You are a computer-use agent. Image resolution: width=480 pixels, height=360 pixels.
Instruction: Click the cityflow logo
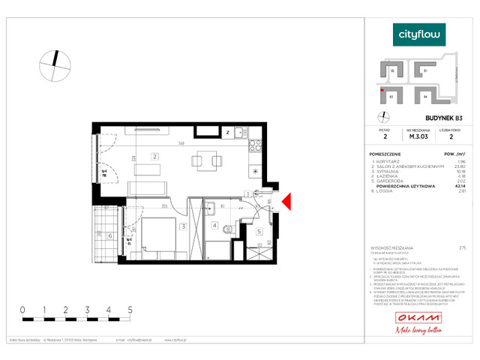[x=419, y=34]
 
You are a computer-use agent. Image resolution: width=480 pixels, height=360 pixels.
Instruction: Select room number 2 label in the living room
[x=153, y=157]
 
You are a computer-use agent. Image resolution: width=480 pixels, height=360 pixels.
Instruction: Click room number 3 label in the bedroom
[x=182, y=226]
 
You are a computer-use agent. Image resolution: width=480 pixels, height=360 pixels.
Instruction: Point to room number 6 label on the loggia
[x=111, y=236]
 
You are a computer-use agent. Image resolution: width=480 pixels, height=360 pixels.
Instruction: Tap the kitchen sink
[x=241, y=133]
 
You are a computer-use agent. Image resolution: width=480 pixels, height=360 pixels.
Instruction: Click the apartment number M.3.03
[x=418, y=137]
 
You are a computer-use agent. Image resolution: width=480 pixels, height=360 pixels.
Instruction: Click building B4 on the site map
[x=425, y=96]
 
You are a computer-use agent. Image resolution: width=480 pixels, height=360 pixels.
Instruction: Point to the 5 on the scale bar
[x=130, y=309]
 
